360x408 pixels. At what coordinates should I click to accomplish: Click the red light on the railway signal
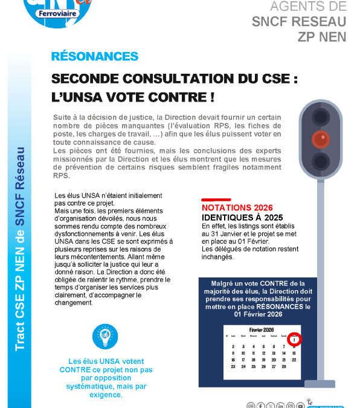[320, 139]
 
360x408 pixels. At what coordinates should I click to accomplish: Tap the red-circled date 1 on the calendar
[294, 340]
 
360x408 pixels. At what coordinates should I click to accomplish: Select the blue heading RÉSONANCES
[95, 57]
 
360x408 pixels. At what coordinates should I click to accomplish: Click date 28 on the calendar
[283, 367]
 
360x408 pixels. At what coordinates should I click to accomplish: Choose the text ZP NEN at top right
[323, 36]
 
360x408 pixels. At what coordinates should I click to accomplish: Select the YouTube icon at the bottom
[301, 406]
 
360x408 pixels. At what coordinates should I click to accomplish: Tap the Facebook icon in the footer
[260, 406]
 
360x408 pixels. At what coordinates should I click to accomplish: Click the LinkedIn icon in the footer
[280, 406]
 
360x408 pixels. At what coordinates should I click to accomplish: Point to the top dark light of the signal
[320, 116]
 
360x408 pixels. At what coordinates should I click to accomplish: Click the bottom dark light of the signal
[320, 161]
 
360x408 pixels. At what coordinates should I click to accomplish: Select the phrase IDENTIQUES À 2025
[242, 216]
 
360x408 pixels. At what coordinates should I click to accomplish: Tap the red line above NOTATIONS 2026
[216, 198]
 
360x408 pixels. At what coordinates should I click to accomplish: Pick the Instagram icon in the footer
[291, 406]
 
